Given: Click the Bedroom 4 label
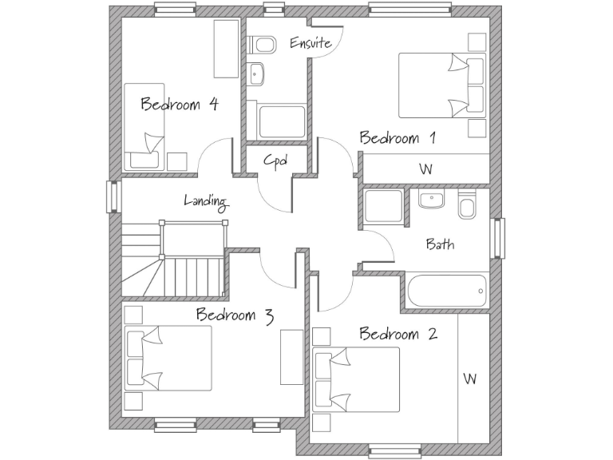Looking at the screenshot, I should (x=180, y=104).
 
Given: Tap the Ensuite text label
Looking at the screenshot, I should (x=310, y=43).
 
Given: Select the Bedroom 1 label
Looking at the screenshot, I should (x=397, y=138).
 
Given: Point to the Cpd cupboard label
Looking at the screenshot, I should (x=275, y=161).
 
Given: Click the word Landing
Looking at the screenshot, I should (x=206, y=201).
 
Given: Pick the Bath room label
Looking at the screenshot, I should (x=440, y=244).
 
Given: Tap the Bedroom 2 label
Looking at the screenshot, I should (x=397, y=334).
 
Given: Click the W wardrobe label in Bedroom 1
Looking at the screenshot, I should (x=425, y=169).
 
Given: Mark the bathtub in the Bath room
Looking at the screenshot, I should (x=447, y=291).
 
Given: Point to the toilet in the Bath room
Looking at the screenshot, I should (x=467, y=206).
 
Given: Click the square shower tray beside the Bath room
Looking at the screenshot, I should (x=384, y=206).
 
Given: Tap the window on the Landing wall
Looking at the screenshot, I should (x=113, y=196).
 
